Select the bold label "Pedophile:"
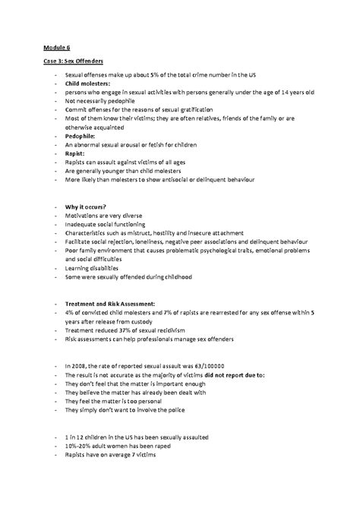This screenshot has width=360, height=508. pos(82,135)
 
